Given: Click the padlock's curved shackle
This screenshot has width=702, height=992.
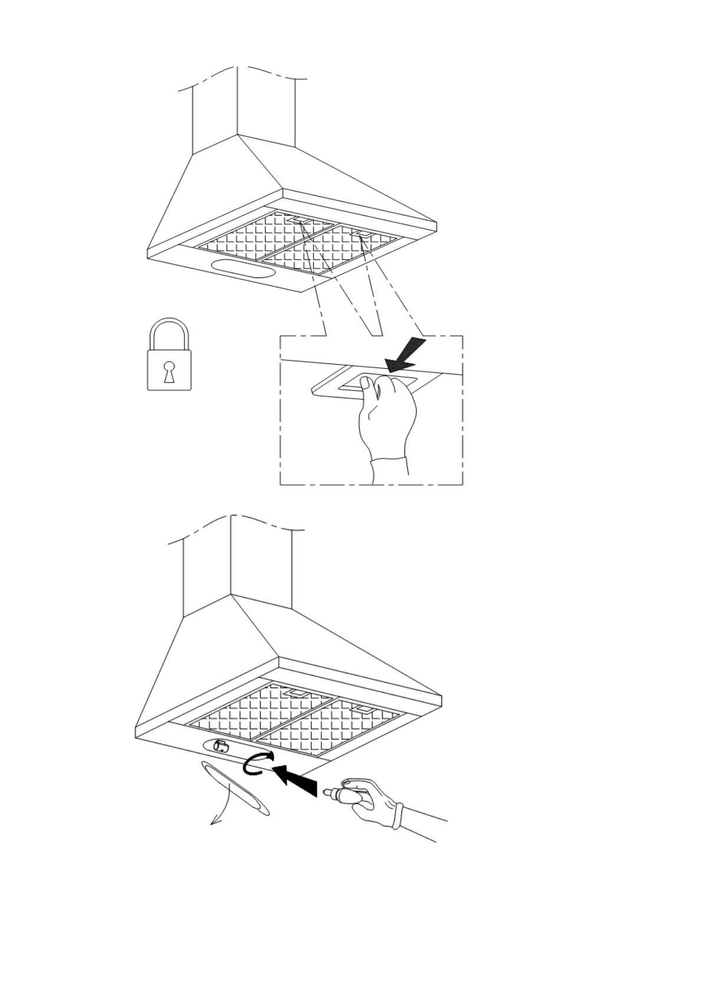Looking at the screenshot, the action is (x=169, y=332).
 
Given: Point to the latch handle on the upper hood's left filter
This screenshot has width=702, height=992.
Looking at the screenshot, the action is (x=301, y=220).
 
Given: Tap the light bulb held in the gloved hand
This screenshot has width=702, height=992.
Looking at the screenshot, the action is (x=337, y=793).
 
